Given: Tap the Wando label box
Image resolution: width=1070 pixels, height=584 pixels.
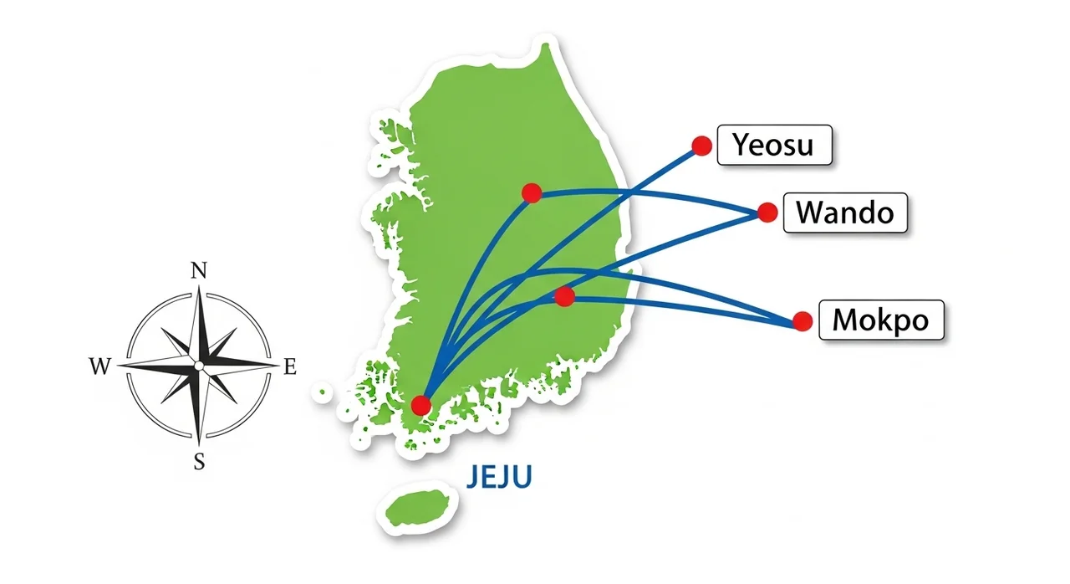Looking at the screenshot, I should point(844,213).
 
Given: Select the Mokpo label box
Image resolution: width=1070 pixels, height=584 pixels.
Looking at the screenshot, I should point(881,320).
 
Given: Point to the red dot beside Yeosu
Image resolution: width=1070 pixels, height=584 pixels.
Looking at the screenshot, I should point(702,146).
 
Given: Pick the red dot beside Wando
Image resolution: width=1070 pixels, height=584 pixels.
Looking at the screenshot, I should point(767,213).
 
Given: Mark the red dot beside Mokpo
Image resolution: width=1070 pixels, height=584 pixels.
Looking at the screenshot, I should point(802,321).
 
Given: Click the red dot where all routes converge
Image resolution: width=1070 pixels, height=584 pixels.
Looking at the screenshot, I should point(421,406).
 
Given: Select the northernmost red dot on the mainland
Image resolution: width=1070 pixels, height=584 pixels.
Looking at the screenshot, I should point(532,193).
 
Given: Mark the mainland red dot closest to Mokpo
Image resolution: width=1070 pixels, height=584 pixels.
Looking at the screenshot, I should point(565,296).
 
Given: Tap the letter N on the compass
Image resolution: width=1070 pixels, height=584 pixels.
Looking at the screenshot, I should point(199,270).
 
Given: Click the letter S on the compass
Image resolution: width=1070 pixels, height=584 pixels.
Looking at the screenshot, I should point(199,461).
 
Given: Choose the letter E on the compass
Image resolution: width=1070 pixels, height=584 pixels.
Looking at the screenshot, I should point(290,366).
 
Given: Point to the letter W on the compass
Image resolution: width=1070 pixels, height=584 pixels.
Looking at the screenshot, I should point(99,366).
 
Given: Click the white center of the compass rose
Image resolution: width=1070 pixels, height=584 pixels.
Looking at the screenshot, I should point(199,366).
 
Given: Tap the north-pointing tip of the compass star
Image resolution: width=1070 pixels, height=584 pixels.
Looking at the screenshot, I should point(199,289).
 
